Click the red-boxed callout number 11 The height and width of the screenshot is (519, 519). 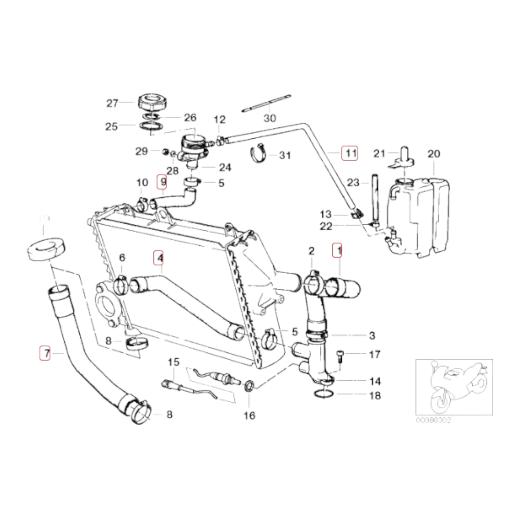[350, 153]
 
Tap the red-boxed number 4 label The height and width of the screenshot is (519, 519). [159, 258]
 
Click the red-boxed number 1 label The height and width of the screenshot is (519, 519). [338, 250]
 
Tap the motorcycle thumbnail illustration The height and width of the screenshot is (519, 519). [454, 387]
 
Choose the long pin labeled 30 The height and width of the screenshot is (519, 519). [266, 103]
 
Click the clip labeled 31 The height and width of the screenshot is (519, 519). [260, 154]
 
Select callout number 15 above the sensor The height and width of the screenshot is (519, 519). [174, 362]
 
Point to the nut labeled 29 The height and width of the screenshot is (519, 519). [165, 151]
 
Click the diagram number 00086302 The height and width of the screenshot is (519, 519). [433, 420]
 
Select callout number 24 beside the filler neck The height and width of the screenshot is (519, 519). [225, 168]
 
